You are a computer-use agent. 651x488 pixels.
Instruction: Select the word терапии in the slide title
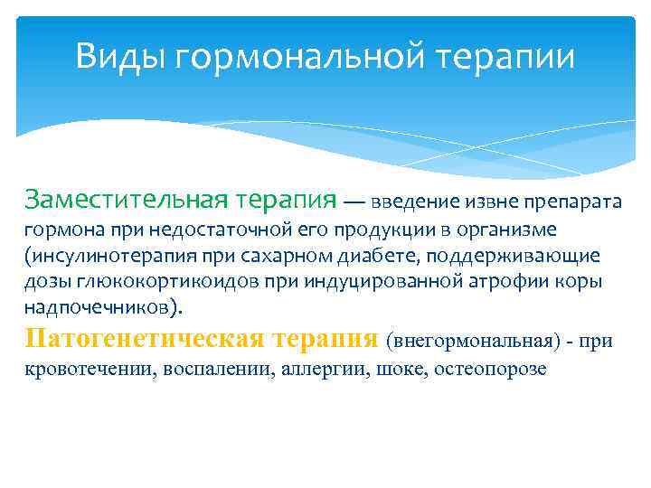click(x=507, y=57)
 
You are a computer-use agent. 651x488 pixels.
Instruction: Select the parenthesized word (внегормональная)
click(x=469, y=342)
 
